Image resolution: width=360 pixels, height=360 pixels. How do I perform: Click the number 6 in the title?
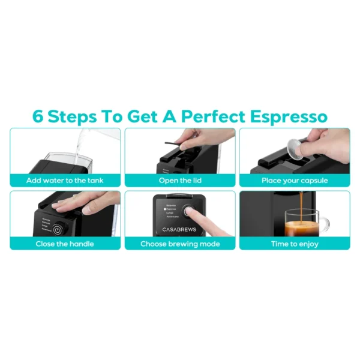pyautogui.click(x=38, y=116)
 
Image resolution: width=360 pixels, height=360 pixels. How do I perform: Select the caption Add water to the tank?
pyautogui.click(x=65, y=180)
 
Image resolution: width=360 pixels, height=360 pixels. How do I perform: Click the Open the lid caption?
pyautogui.click(x=180, y=180)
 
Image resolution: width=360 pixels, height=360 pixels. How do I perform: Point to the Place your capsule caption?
pyautogui.click(x=295, y=180)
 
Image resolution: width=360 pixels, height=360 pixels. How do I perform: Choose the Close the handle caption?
pyautogui.click(x=65, y=244)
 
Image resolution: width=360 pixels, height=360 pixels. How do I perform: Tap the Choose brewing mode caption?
pyautogui.click(x=180, y=244)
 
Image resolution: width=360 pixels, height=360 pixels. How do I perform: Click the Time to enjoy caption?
pyautogui.click(x=295, y=244)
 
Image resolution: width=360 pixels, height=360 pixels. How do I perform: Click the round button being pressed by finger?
pyautogui.click(x=191, y=212)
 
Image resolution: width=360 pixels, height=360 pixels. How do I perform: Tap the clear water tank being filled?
pyautogui.click(x=84, y=161)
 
